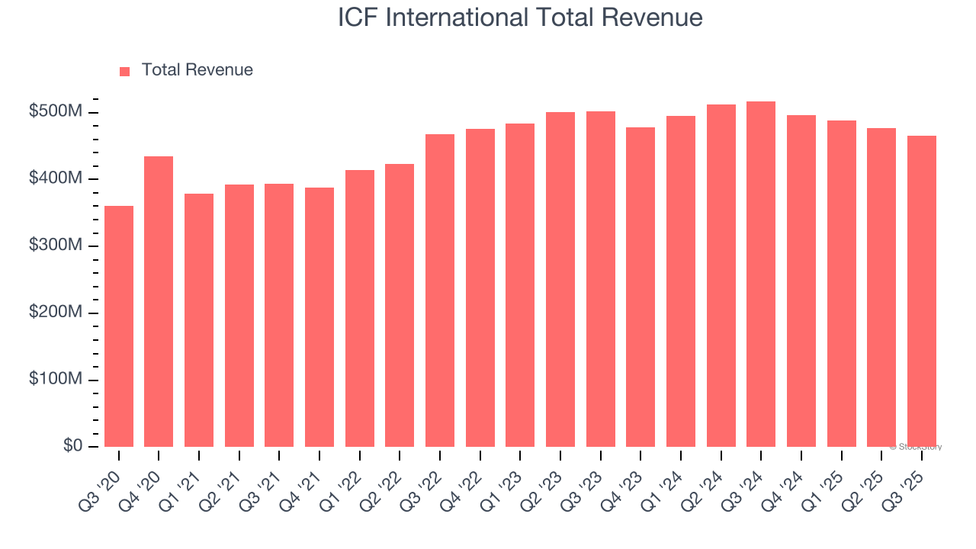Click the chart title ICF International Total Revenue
coord(520,18)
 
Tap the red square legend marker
coord(125,71)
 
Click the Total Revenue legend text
coord(197,70)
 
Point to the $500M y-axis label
coord(55,112)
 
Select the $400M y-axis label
coord(55,178)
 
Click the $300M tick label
coord(55,246)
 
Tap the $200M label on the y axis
coord(55,313)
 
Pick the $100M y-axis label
coord(55,379)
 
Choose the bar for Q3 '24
coord(761,274)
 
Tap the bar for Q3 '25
coord(922,291)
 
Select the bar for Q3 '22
coord(440,291)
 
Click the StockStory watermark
coord(915,447)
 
